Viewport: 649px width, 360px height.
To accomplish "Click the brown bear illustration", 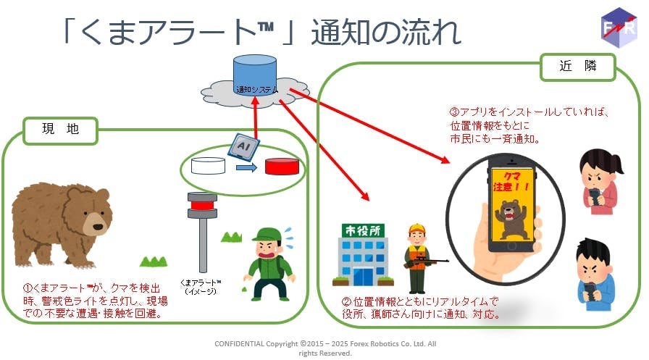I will click(61, 221).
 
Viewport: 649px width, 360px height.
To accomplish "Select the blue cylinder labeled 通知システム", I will click(255, 76).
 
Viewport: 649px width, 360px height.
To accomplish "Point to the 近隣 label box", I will click(578, 67).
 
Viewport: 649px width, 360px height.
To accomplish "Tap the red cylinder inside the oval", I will click(282, 166).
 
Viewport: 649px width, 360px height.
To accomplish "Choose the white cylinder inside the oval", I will click(209, 166).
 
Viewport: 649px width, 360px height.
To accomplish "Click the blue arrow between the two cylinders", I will click(247, 168).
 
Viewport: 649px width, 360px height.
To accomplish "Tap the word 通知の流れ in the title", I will click(385, 33).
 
